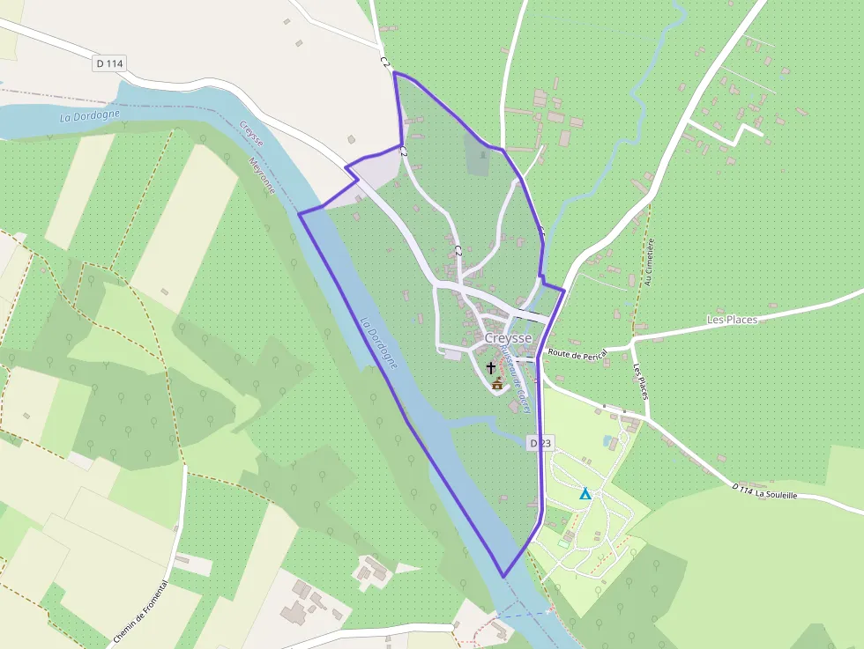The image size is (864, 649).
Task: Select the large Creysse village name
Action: (x=508, y=338)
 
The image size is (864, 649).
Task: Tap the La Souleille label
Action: (x=776, y=495)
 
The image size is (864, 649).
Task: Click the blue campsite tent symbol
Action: (x=585, y=494)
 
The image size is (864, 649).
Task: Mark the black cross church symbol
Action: (x=491, y=366)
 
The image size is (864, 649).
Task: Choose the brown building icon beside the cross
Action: (x=498, y=383)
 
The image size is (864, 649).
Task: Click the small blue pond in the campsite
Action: (x=607, y=440)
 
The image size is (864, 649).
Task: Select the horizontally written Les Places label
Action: (x=732, y=320)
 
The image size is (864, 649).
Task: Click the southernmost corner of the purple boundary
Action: (x=503, y=577)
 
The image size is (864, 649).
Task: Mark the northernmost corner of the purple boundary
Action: (x=393, y=72)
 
